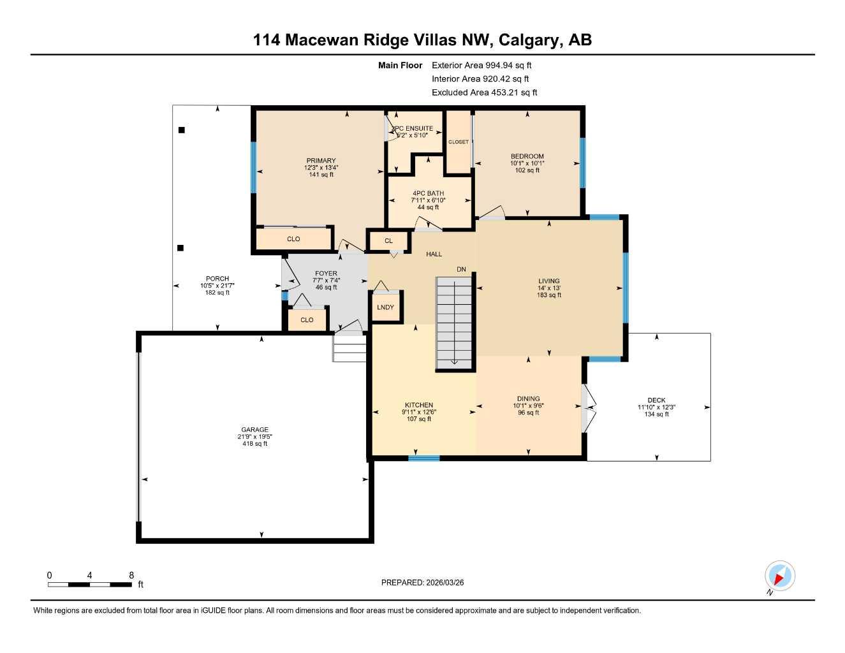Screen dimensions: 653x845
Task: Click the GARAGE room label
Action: pos(254,430)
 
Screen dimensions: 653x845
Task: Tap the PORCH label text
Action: pos(217,279)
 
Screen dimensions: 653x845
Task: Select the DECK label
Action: pos(656,400)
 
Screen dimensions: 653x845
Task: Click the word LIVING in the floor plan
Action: pos(548,281)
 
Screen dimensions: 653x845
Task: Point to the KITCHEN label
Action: pos(418,405)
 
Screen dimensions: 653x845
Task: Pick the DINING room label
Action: pos(528,399)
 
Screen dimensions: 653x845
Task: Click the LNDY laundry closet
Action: pos(385,307)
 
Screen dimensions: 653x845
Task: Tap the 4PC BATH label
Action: pos(428,193)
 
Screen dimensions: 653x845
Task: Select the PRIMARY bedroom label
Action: pos(321,161)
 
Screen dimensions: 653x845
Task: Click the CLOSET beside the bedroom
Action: pos(458,142)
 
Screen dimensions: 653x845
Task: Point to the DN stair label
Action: pos(461,270)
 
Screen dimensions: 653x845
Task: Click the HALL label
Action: pos(434,254)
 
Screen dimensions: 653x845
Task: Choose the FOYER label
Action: pos(326,274)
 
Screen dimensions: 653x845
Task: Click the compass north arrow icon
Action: pos(779,576)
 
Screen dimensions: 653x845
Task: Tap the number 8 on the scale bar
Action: pos(131,575)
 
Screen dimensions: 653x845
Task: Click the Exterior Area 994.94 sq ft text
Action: pos(481,65)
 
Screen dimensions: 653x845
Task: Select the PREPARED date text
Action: pos(422,582)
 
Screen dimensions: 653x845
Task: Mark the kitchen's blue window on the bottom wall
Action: pos(423,458)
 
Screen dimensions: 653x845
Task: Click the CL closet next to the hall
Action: pos(388,241)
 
